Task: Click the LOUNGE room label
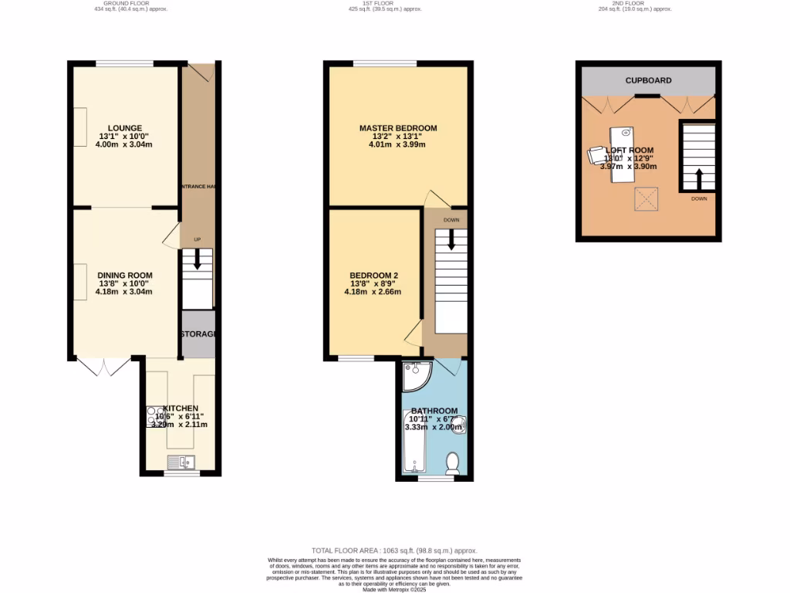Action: coord(124,128)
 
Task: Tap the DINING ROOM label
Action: coord(124,275)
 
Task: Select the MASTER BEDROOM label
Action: coord(398,128)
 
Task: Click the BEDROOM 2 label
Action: coord(373,275)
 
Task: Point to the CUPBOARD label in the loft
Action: coord(648,80)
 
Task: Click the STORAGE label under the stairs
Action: coord(198,334)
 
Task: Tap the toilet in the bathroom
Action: coord(453,462)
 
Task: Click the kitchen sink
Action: coord(183,462)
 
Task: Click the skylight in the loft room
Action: coord(646,199)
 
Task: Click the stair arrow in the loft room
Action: coord(699,178)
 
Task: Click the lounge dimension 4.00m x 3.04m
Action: coord(124,144)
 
